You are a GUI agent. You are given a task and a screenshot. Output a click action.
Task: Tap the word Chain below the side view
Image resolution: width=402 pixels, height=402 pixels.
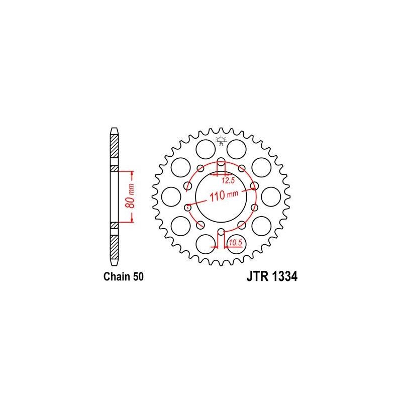115,276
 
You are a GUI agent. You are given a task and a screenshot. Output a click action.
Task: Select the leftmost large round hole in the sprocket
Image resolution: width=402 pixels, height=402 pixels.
170,195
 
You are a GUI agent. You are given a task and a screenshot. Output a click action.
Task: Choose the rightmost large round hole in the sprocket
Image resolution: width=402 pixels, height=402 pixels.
272,195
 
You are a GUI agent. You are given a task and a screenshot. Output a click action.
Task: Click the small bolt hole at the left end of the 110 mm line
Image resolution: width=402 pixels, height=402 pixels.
188,206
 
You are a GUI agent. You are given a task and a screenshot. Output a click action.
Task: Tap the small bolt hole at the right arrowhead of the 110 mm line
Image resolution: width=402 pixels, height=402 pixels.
254,186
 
